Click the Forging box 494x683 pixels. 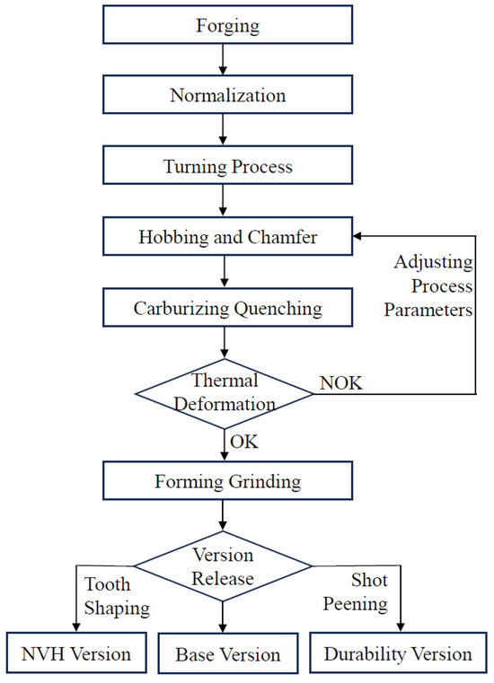click(227, 25)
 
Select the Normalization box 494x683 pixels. click(227, 95)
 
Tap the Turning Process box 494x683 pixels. click(227, 166)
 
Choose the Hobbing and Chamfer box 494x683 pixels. click(227, 238)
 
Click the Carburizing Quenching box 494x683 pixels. click(227, 309)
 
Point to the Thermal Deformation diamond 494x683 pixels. click(225, 391)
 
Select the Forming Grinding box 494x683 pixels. click(227, 482)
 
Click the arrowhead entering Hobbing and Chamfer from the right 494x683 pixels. click(358, 238)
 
